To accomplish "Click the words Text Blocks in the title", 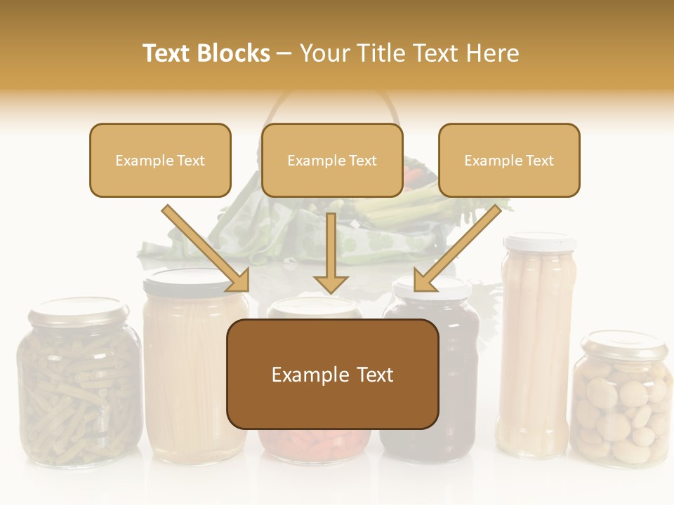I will [206, 53].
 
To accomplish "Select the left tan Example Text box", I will [160, 161].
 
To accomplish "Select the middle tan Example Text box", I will [332, 161].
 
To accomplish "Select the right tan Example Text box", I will [509, 161].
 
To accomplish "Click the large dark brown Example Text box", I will [332, 375].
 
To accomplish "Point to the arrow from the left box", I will [206, 248].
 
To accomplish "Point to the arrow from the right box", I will [457, 248].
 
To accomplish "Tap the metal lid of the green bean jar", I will [79, 310].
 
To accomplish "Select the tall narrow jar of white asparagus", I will [535, 351].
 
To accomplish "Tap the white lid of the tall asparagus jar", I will [540, 242].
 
